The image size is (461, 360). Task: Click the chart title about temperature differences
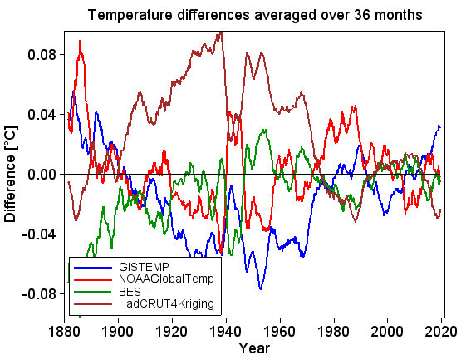pos(255,15)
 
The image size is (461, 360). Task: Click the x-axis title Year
pos(253,348)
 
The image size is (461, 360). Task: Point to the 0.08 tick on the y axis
pos(42,55)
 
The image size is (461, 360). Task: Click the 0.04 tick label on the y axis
pos(42,115)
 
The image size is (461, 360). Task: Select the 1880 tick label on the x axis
pos(65,330)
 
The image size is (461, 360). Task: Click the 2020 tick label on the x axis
pos(440,330)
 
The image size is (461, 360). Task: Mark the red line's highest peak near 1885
pos(80,41)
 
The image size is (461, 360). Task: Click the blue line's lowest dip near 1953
pos(261,288)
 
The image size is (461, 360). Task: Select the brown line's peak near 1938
pos(220,32)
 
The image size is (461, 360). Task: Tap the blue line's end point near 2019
pos(439,126)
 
